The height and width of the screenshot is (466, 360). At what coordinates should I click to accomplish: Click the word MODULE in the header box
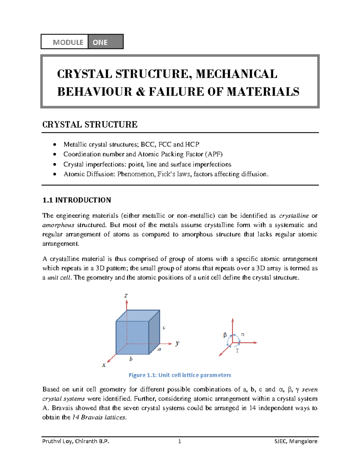(x=68, y=42)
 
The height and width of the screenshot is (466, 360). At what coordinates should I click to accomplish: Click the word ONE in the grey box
(x=100, y=42)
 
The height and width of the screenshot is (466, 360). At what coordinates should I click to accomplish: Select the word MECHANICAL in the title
(x=236, y=74)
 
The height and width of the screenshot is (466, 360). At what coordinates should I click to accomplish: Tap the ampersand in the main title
(x=140, y=92)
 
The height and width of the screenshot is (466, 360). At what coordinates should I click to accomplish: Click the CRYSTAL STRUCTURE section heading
(x=90, y=125)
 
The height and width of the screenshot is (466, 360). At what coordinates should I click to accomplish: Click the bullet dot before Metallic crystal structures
(x=54, y=145)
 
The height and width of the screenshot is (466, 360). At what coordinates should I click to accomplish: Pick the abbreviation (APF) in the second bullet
(x=214, y=154)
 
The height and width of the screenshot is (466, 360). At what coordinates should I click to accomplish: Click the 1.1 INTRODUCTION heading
(x=77, y=200)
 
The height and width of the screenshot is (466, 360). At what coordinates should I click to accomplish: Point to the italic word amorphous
(x=58, y=225)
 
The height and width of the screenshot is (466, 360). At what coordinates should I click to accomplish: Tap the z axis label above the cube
(x=126, y=296)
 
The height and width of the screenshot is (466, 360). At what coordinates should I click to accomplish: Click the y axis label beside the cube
(x=177, y=343)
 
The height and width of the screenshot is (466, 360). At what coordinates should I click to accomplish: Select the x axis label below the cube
(x=104, y=365)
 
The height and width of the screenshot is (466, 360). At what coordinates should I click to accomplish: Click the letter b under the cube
(x=131, y=359)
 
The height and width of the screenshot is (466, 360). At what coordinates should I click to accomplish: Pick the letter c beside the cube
(x=164, y=328)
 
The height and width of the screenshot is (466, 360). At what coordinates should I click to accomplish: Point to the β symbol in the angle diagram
(x=225, y=335)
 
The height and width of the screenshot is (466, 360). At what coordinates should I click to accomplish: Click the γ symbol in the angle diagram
(x=237, y=350)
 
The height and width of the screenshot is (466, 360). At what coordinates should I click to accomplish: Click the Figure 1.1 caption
(x=180, y=375)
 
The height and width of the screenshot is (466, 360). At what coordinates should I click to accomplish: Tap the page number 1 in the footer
(x=179, y=441)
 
